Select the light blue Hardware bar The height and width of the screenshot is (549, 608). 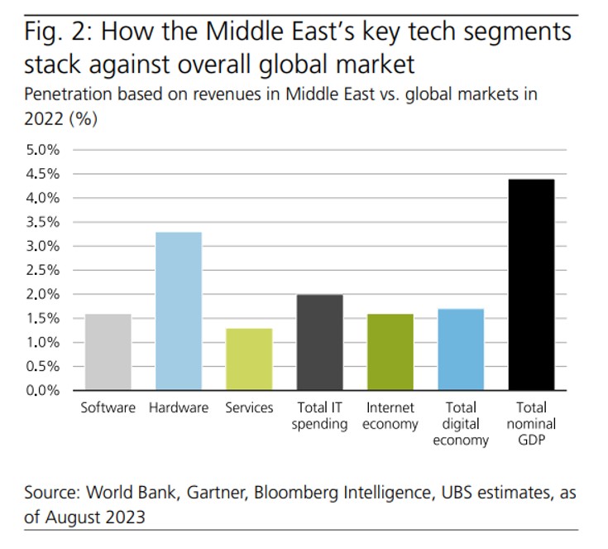click(x=178, y=311)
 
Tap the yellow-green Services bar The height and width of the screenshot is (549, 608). click(x=248, y=359)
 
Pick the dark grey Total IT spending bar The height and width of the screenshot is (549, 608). click(x=319, y=342)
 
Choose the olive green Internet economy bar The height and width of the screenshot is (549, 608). click(x=390, y=352)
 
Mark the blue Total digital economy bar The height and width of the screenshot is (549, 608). click(x=460, y=349)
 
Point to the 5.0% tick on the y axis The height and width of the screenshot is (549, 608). click(x=43, y=150)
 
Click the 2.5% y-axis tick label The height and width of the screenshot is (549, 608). click(x=43, y=270)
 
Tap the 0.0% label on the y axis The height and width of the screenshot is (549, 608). click(x=43, y=390)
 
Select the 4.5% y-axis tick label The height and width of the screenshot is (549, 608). click(x=43, y=174)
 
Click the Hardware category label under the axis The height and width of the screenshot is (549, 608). click(x=178, y=407)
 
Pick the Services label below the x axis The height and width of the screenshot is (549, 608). click(x=248, y=407)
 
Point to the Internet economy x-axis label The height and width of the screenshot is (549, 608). click(x=390, y=416)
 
